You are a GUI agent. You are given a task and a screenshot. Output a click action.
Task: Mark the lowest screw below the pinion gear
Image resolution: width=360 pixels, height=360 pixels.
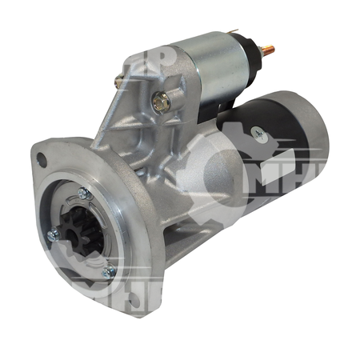[x=110, y=272]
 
